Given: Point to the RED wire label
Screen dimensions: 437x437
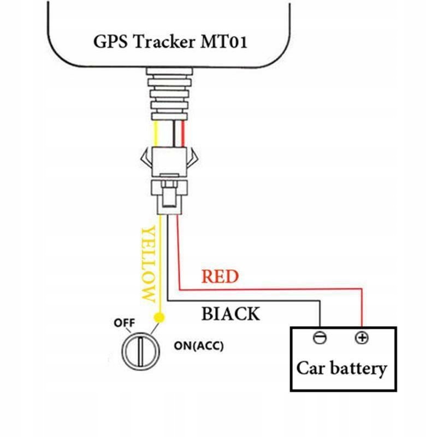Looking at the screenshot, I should click(220, 277).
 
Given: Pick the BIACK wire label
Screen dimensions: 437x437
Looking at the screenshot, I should click(231, 314).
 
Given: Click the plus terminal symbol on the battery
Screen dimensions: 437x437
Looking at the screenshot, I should click(361, 338).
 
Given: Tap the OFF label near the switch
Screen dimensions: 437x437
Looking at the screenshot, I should click(124, 323).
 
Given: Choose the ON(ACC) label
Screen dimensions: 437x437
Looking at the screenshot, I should click(198, 346).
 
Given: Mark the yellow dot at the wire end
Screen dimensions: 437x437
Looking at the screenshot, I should click(159, 317).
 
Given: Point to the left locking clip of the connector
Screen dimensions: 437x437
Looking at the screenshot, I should click(145, 159).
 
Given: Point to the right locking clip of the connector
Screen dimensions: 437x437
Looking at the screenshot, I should click(192, 159).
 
